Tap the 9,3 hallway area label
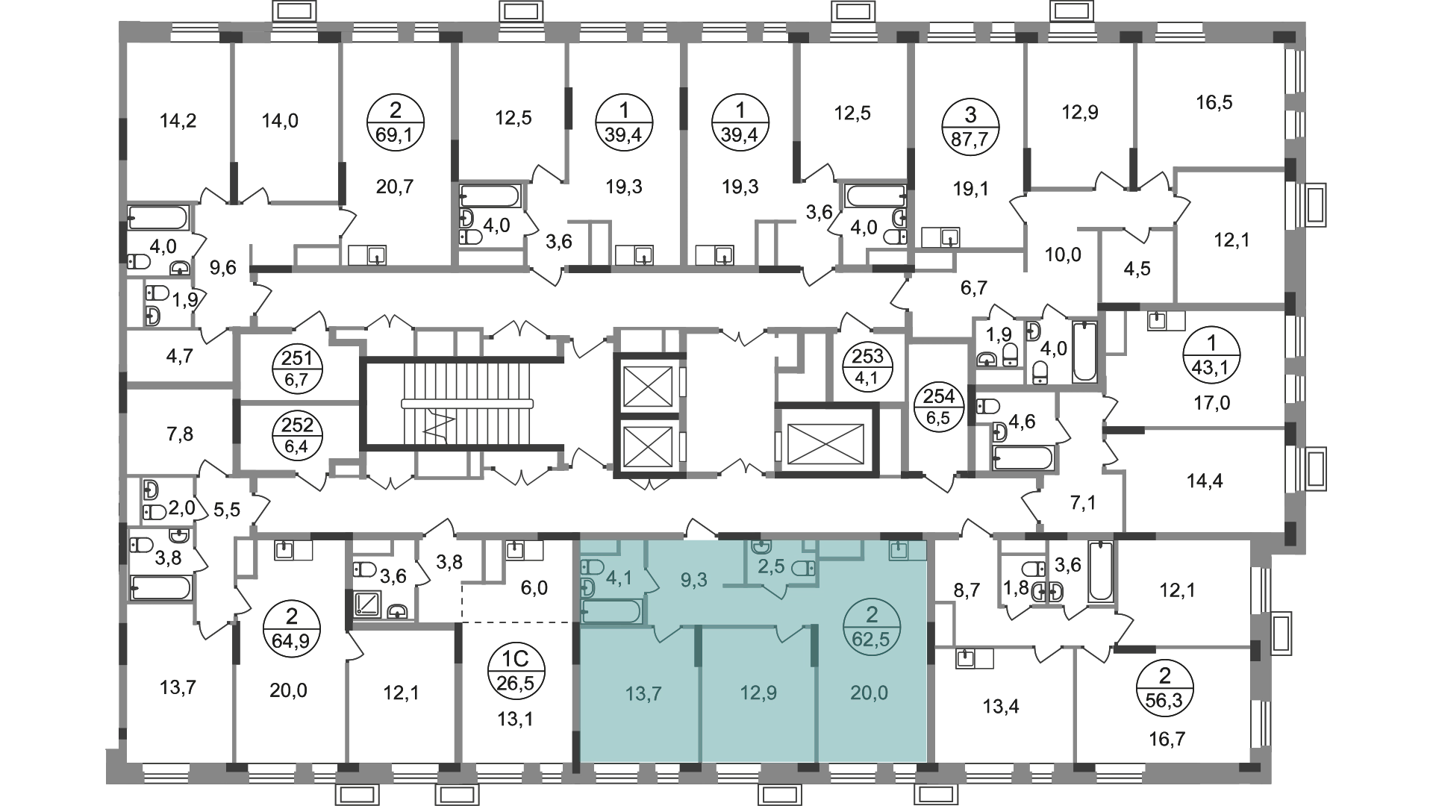point(693,580)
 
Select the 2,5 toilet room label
point(771,566)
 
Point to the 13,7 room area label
point(643,693)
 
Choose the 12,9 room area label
point(758,693)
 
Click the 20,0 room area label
point(870,693)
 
